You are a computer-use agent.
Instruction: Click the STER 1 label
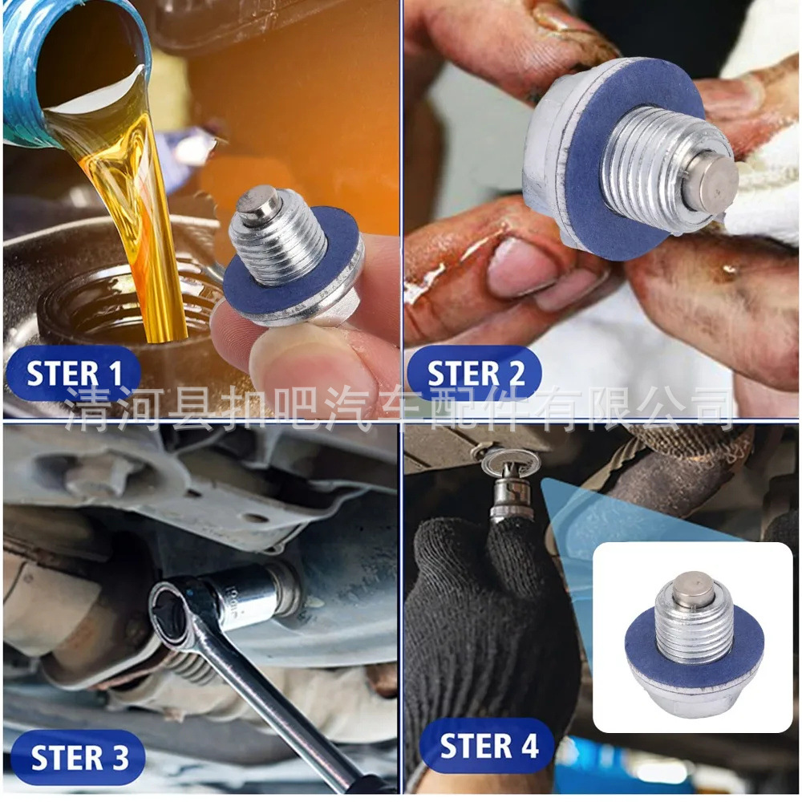tap(74, 374)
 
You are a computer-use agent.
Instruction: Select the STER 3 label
tap(79, 757)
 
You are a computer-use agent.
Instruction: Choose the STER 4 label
tap(488, 746)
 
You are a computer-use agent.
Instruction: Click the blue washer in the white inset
tap(650, 658)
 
